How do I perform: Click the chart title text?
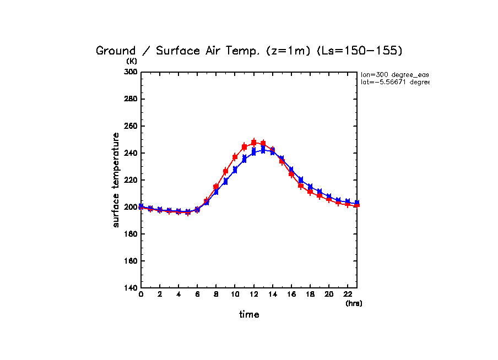pyautogui.click(x=249, y=51)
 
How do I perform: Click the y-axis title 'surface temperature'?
pyautogui.click(x=116, y=179)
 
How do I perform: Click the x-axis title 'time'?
pyautogui.click(x=249, y=314)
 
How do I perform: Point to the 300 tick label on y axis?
pyautogui.click(x=130, y=72)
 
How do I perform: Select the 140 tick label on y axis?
pyautogui.click(x=130, y=288)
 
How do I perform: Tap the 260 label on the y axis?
pyautogui.click(x=130, y=126)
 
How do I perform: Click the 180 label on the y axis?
pyautogui.click(x=130, y=234)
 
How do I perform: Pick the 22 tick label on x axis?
pyautogui.click(x=348, y=295)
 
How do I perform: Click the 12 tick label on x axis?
pyautogui.click(x=253, y=295)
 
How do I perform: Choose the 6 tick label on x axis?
pyautogui.click(x=197, y=295)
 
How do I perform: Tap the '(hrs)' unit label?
pyautogui.click(x=354, y=303)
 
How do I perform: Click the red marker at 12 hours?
pyautogui.click(x=254, y=142)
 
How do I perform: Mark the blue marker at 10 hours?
pyautogui.click(x=235, y=170)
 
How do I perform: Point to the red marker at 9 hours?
pyautogui.click(x=225, y=171)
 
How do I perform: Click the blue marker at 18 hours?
pyautogui.click(x=310, y=187)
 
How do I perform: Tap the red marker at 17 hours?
pyautogui.click(x=301, y=186)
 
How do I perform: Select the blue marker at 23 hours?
pyautogui.click(x=357, y=203)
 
